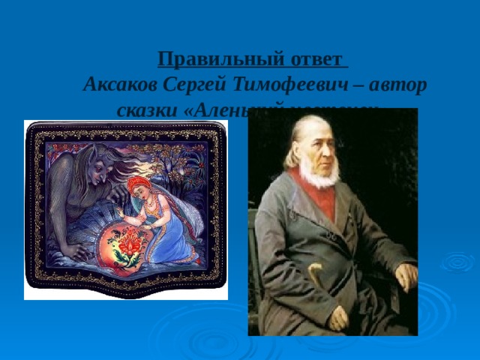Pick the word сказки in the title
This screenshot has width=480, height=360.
[147, 109]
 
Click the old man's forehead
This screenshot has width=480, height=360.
[315, 127]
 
